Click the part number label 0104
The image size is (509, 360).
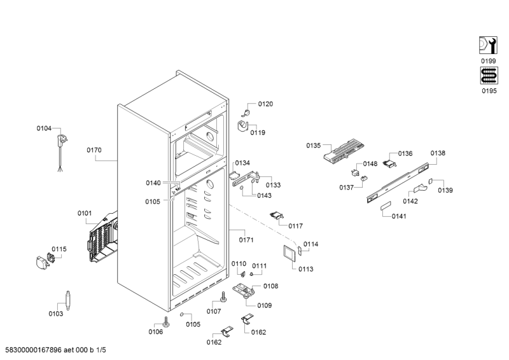pyautogui.click(x=44, y=128)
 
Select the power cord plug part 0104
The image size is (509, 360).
pyautogui.click(x=62, y=141)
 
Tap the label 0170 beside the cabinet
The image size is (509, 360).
pyautogui.click(x=94, y=151)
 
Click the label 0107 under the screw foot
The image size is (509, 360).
pyautogui.click(x=213, y=311)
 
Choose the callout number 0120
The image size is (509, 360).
pyautogui.click(x=265, y=104)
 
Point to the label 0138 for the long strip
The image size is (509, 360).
pyautogui.click(x=438, y=153)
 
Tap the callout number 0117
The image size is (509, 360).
pyautogui.click(x=295, y=226)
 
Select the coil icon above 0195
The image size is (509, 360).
pyautogui.click(x=487, y=76)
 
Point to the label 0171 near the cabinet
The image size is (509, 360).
pyautogui.click(x=246, y=240)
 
